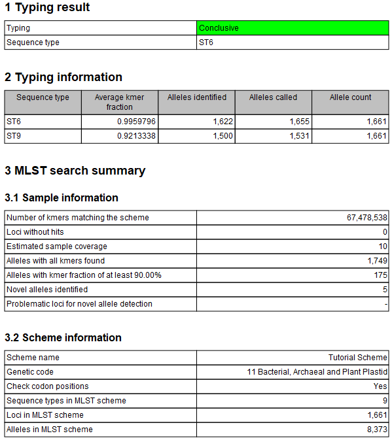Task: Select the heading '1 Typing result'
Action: pyautogui.click(x=47, y=8)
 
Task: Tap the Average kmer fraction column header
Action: pyautogui.click(x=119, y=102)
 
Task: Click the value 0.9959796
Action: pyautogui.click(x=135, y=122)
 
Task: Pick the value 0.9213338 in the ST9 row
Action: pyautogui.click(x=135, y=136)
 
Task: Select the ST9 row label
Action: pyautogui.click(x=14, y=136)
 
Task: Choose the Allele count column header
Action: pyautogui.click(x=350, y=97)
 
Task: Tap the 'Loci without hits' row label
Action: pyautogui.click(x=35, y=232)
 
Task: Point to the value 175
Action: pyautogui.click(x=381, y=275)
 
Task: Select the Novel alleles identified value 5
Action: pyautogui.click(x=385, y=290)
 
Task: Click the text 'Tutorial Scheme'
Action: pyautogui.click(x=358, y=358)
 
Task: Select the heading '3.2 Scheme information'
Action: pyautogui.click(x=63, y=337)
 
